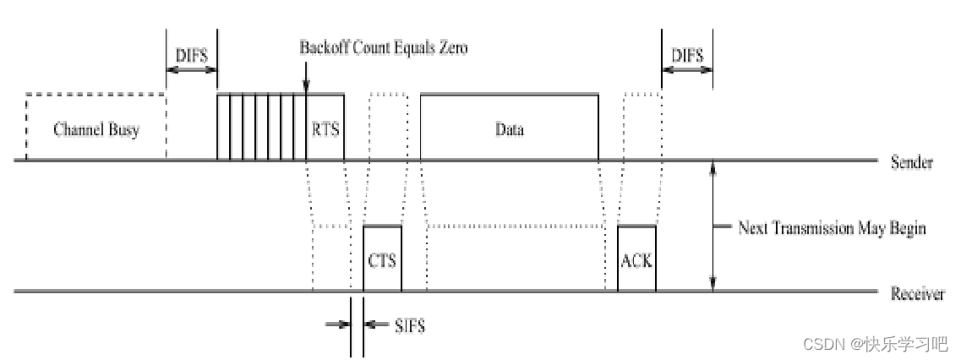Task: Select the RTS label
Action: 325,129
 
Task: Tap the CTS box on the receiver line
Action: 382,259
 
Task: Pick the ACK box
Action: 636,259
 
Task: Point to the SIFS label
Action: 410,325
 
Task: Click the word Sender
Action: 912,162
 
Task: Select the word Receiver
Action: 917,294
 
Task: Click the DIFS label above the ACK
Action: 687,54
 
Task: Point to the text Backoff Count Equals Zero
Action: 383,47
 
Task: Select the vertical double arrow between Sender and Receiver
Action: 713,226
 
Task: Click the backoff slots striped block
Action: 261,126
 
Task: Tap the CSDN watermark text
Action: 874,344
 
